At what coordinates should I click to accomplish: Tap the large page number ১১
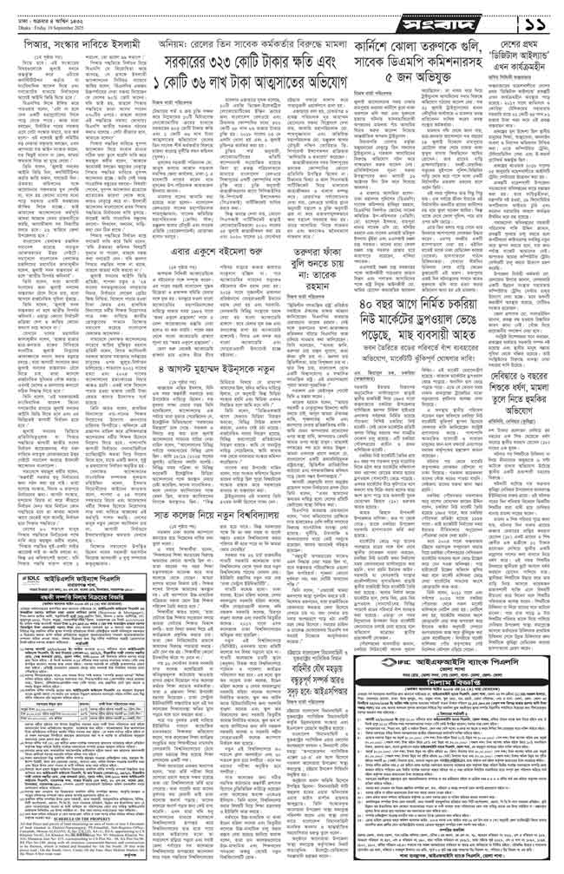pos(541,16)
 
